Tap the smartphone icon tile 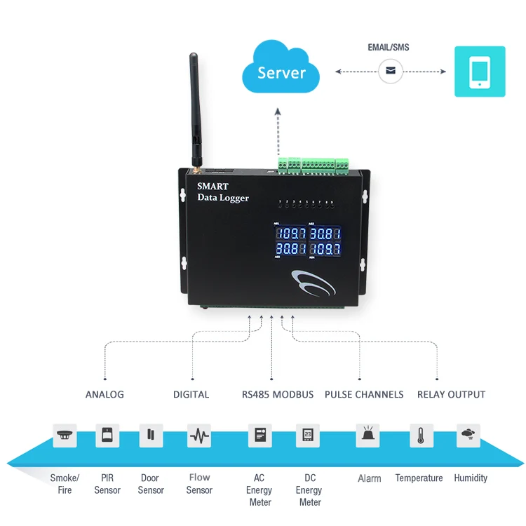pyautogui.click(x=480, y=72)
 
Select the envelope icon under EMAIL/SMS pyautogui.click(x=391, y=71)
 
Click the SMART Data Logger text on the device pyautogui.click(x=222, y=192)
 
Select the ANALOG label pyautogui.click(x=104, y=394)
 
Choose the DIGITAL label pyautogui.click(x=191, y=394)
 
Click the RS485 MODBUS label pyautogui.click(x=278, y=394)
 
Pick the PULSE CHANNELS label pyautogui.click(x=364, y=394)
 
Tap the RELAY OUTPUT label pyautogui.click(x=451, y=394)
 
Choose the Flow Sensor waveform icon pyautogui.click(x=198, y=436)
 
